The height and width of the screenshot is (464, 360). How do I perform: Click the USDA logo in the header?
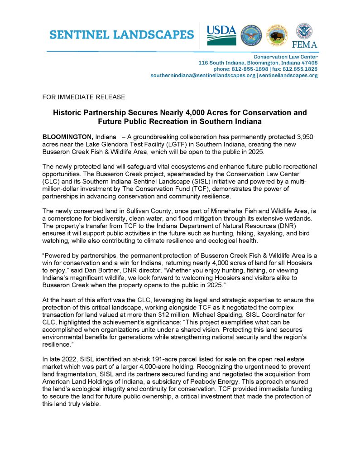[x=221, y=35]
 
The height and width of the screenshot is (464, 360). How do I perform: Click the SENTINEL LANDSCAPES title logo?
[x=122, y=34]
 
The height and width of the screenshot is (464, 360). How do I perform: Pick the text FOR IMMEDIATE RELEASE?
[x=83, y=97]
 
